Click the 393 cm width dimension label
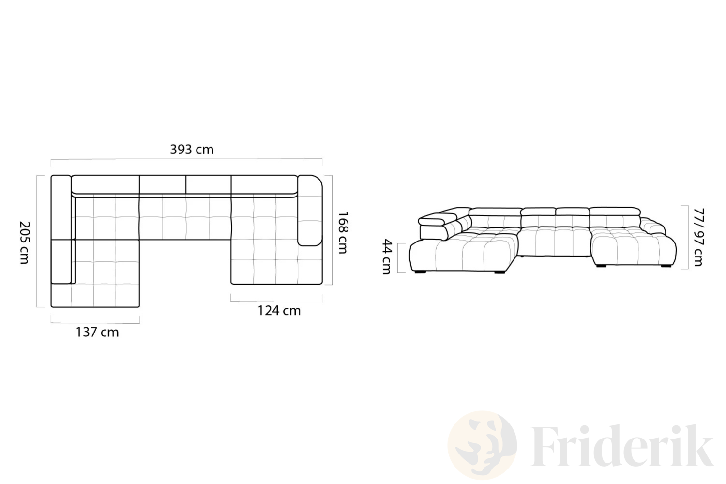click(192, 150)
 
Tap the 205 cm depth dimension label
click(25, 243)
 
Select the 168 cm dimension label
click(343, 232)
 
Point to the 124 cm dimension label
click(279, 311)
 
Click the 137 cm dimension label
click(97, 333)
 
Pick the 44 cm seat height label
click(387, 257)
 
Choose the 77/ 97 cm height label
click(698, 237)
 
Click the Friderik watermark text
click(622, 446)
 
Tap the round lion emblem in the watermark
click(482, 445)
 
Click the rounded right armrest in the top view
click(310, 210)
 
